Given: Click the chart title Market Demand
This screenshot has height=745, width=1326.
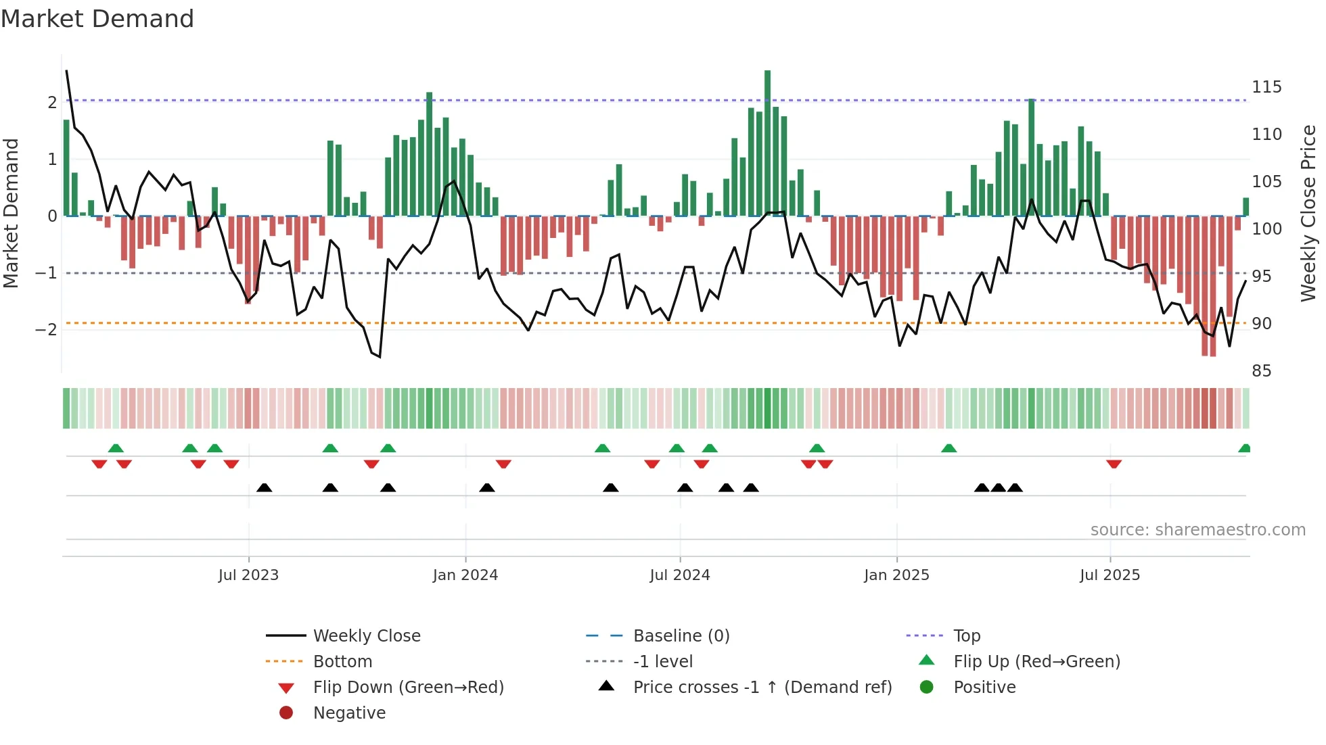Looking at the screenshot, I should [97, 19].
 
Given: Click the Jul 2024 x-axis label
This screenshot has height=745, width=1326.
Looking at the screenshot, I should [679, 575].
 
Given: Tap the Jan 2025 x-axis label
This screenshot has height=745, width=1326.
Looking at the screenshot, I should [896, 575].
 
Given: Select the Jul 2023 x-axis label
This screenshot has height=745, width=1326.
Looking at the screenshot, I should [248, 575].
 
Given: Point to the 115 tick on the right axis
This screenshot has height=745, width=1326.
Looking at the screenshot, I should [1266, 87].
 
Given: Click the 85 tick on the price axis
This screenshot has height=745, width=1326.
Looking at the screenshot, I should [1261, 370].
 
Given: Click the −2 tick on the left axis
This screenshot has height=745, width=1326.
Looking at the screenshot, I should [46, 329].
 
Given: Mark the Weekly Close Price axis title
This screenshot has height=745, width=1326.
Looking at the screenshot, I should [1308, 213].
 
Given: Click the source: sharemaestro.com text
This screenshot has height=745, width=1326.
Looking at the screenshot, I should [1197, 529].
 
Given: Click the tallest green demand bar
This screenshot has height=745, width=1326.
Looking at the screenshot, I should [767, 142].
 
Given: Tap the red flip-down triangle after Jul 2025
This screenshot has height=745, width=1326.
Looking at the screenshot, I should [1114, 464].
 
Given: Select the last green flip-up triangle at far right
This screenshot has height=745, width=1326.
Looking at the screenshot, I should [1243, 448].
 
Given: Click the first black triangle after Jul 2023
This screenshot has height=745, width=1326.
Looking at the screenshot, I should [265, 487].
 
